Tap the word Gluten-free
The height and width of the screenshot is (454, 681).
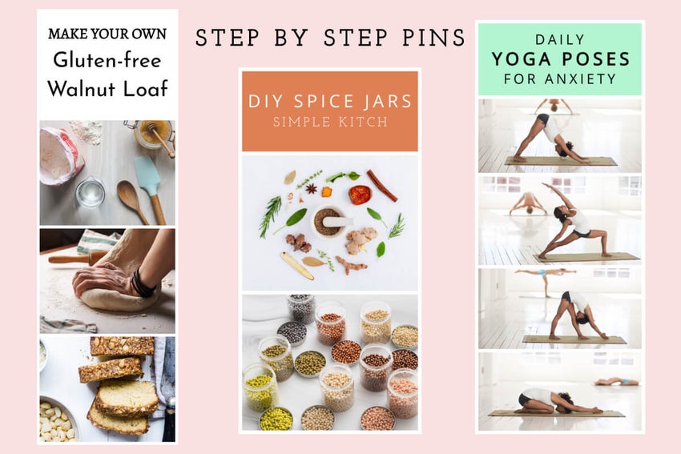pyautogui.click(x=107, y=60)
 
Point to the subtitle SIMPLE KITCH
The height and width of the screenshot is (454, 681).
pyautogui.click(x=329, y=122)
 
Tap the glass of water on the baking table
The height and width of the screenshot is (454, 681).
pyautogui.click(x=90, y=192)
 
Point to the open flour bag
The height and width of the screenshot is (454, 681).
pyautogui.click(x=61, y=156)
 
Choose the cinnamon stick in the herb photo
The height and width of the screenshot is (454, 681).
pyautogui.click(x=382, y=185)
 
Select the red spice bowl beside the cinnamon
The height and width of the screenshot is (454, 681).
pyautogui.click(x=360, y=195)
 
